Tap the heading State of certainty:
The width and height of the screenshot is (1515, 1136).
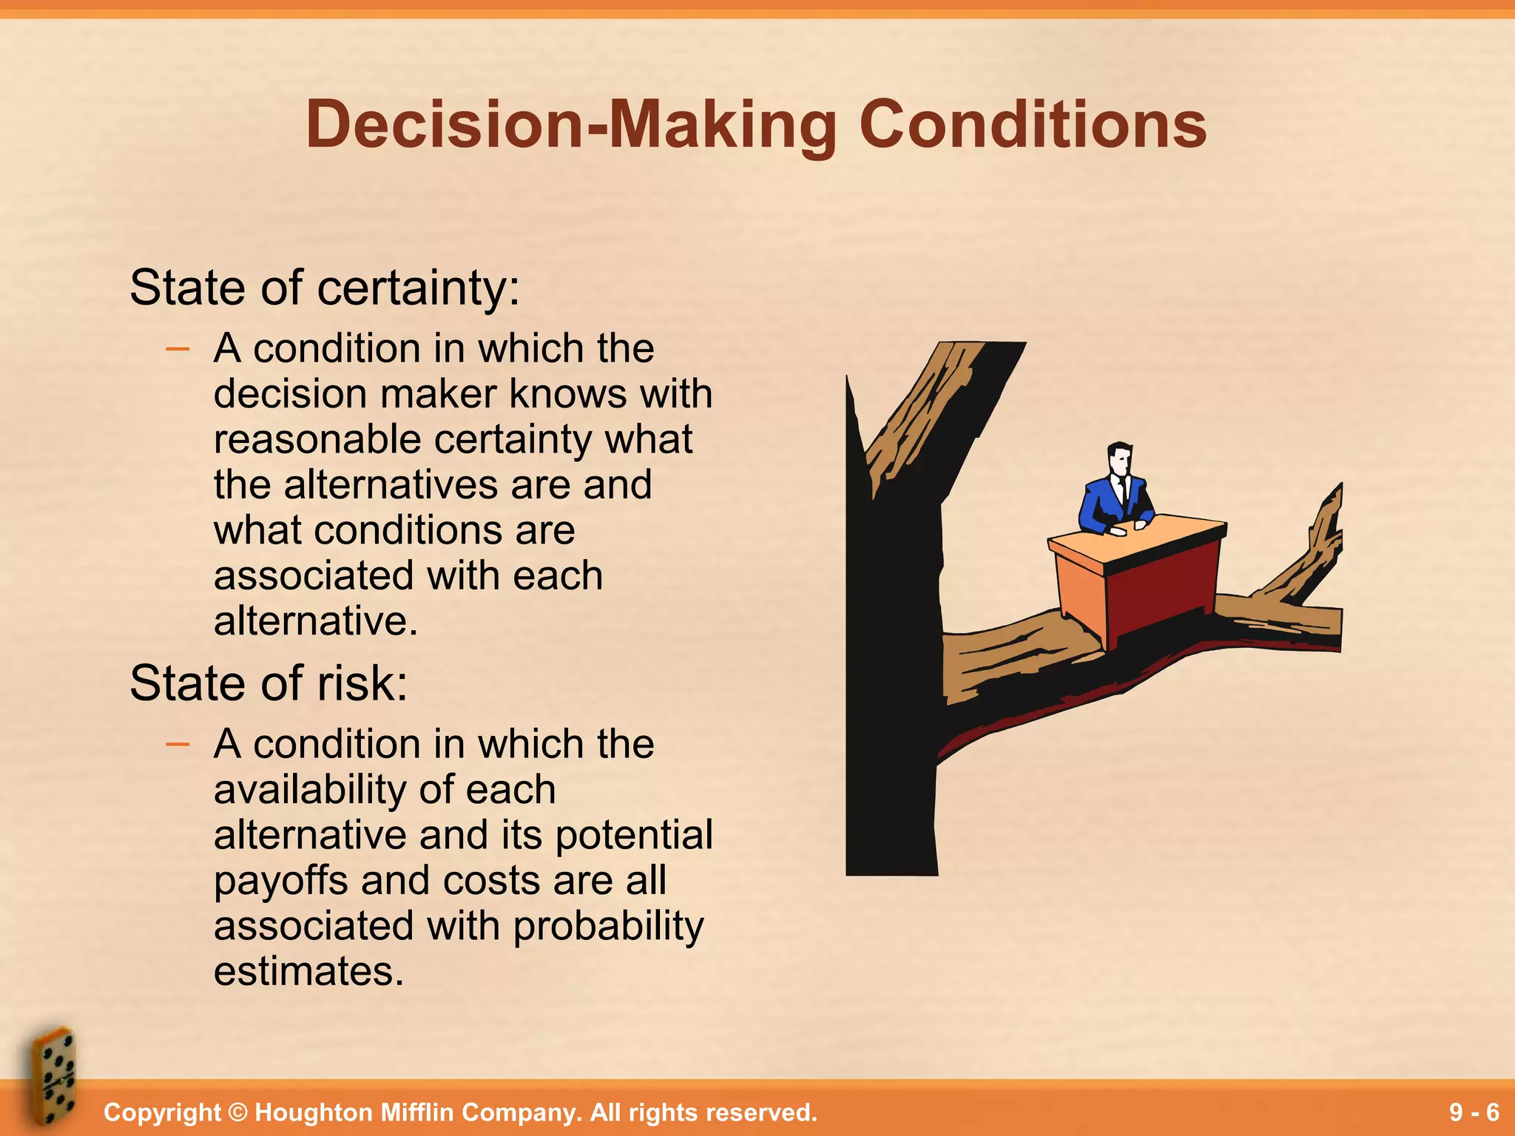[x=325, y=288]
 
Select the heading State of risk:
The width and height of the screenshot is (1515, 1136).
[x=269, y=683]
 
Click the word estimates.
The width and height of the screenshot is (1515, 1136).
[x=308, y=972]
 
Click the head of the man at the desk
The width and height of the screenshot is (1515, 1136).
[x=1119, y=461]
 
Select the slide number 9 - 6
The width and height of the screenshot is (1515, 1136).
[x=1474, y=1112]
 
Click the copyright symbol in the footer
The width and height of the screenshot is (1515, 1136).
[x=237, y=1112]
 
